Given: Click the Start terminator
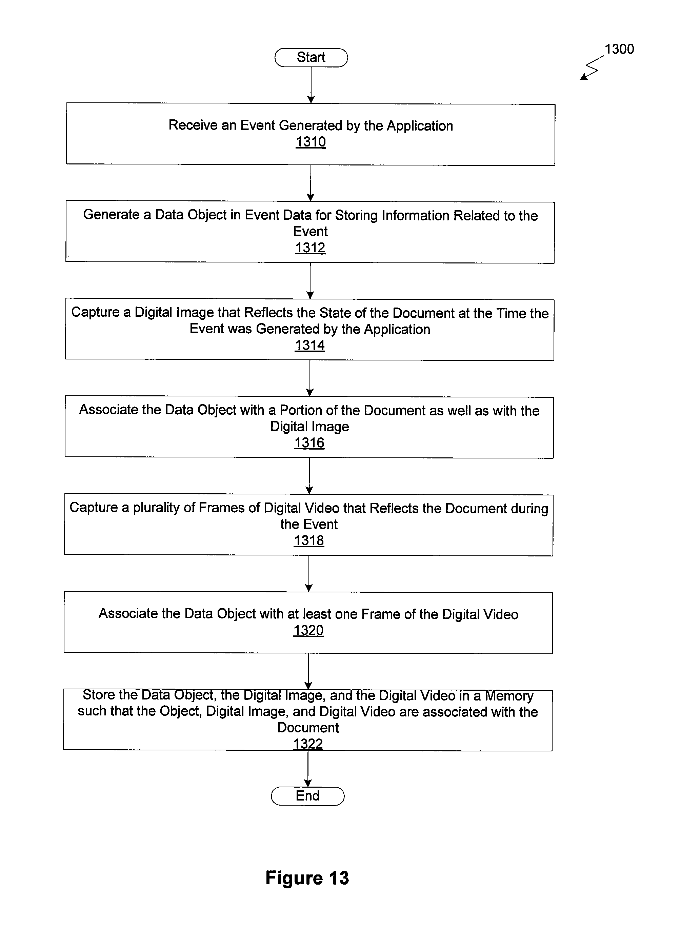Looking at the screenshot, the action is (x=311, y=58).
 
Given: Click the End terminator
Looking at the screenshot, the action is (x=308, y=796).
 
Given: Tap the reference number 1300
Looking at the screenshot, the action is (x=619, y=49).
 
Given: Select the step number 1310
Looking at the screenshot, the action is (x=311, y=142).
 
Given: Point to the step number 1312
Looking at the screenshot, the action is (x=310, y=248).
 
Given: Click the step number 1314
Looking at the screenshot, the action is (x=310, y=345).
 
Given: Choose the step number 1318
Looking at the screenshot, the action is (x=309, y=540).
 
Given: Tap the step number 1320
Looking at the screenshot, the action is (x=308, y=630).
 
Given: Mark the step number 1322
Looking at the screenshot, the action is (x=308, y=744).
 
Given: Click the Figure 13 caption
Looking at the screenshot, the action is (x=307, y=878).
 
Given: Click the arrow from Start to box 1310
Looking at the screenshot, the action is (x=311, y=85).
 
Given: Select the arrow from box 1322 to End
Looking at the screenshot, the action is (x=308, y=769).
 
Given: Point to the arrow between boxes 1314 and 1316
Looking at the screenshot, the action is (x=310, y=378).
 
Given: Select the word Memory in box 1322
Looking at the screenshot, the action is (x=509, y=696).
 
